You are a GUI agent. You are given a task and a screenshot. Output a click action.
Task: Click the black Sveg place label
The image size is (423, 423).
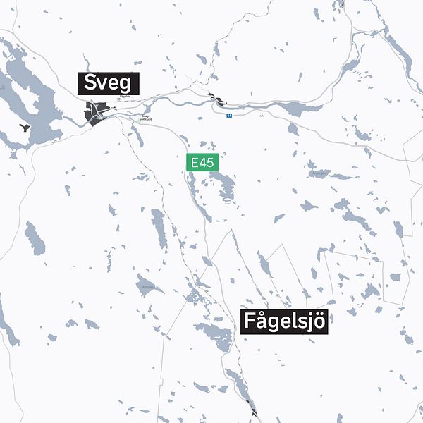click(108, 83)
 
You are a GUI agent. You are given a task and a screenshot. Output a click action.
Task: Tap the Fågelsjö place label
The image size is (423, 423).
click(286, 321)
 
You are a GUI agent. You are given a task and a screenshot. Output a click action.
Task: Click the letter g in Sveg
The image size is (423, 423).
click(124, 85)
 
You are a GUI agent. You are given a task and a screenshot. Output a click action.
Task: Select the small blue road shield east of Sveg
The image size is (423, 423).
click(228, 114)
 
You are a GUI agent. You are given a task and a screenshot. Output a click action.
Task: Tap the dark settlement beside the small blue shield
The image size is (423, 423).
click(221, 101)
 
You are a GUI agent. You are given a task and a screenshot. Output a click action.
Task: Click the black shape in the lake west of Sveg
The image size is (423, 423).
click(25, 129)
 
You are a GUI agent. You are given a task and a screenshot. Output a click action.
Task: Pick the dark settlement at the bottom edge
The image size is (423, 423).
click(252, 408)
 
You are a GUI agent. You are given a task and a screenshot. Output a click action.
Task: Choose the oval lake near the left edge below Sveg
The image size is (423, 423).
click(35, 238)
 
